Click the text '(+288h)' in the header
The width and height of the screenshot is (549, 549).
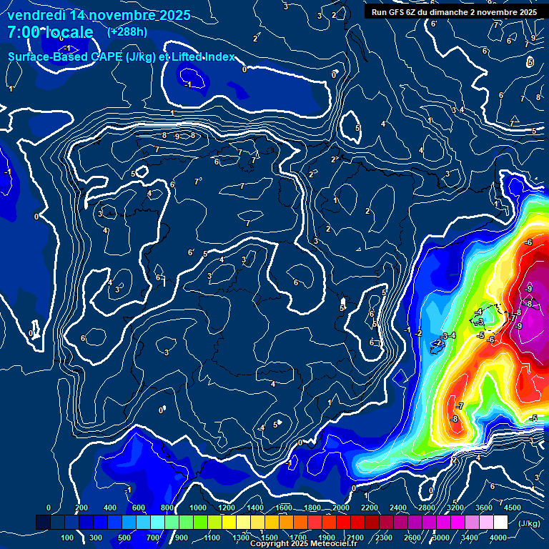pos(127,31)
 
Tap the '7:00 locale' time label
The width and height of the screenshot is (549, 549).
pos(50,32)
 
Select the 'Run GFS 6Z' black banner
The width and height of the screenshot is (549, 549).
pos(454,12)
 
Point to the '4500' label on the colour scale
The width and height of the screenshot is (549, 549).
pos(513,508)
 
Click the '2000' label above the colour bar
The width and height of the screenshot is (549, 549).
pos(340,508)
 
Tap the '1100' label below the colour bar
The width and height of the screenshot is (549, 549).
pos(212,538)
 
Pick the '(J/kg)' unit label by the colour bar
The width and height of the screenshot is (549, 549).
pos(528,523)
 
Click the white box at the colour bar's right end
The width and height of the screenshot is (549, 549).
pos(500,523)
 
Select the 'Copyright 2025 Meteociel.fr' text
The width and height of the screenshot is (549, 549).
pos(304,544)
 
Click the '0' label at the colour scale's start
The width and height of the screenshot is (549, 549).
pos(49,508)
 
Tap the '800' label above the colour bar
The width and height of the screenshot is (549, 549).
pos(168,508)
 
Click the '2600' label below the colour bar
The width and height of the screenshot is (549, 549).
pos(413,538)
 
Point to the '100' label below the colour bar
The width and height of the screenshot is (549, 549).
pos(68,538)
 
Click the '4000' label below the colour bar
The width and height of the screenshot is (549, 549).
pos(498,538)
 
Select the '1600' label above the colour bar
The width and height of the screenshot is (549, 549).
pos(284,508)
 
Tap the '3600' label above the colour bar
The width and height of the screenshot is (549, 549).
pos(484,508)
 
